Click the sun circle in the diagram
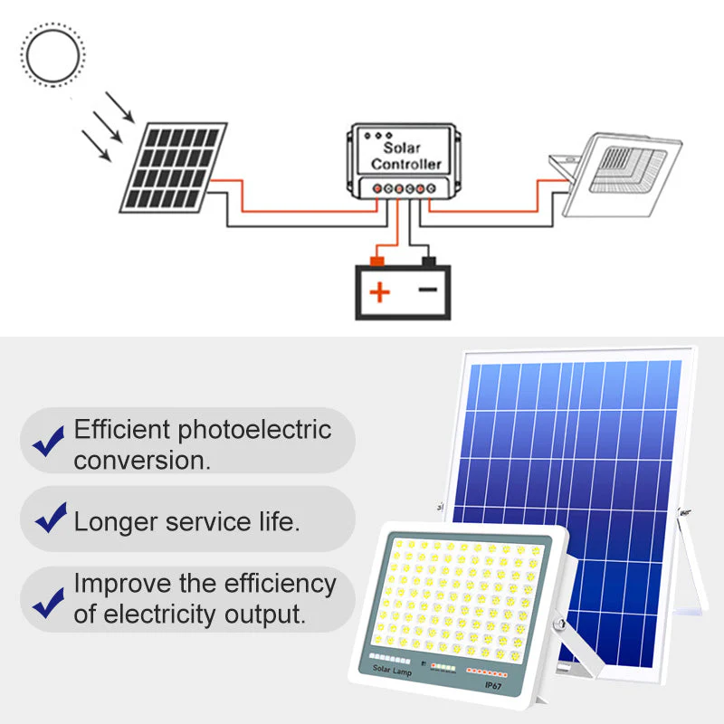point(27,55)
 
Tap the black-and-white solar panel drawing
point(173,167)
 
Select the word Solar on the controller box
point(402,148)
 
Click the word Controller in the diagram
point(406,165)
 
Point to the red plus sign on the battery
point(380,292)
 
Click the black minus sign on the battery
point(427,290)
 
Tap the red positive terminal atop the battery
point(377,262)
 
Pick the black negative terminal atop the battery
point(429,262)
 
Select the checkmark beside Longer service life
point(51,518)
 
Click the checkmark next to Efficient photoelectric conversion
point(49,442)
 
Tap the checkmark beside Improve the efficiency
point(49,603)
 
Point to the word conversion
point(142,461)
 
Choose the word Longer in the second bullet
point(116,523)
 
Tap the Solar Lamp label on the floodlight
point(392,670)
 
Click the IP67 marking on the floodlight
point(493,685)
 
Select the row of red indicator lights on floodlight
point(487,672)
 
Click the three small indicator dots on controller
point(378,136)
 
